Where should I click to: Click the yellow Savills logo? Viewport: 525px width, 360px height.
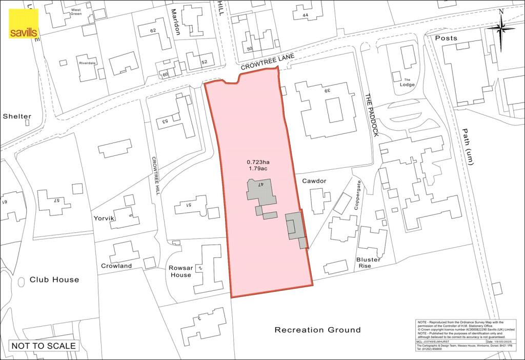(x=23, y=24)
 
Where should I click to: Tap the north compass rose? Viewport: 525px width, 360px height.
(x=500, y=30)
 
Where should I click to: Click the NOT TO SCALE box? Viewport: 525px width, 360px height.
(x=44, y=346)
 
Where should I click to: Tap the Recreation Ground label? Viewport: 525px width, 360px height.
(x=317, y=330)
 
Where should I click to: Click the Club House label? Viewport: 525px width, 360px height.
(x=54, y=279)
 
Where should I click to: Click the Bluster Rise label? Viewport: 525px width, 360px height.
(x=368, y=263)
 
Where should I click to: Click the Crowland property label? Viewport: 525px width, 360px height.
(x=116, y=266)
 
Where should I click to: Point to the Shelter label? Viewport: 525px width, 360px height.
(x=16, y=116)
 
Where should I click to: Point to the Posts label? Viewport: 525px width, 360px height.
(x=446, y=38)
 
